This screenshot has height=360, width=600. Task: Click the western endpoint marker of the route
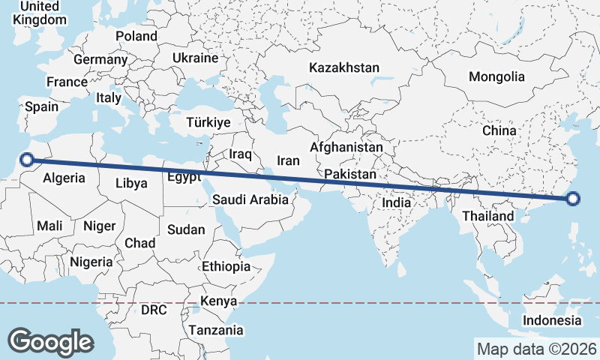[27, 159]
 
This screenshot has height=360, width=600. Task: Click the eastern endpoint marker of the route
[574, 199]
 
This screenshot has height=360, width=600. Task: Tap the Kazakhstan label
[344, 67]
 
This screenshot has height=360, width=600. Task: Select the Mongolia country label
[496, 76]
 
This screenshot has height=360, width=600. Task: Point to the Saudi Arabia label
[250, 199]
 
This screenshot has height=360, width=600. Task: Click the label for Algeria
[64, 178]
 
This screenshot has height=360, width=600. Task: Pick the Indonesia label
[552, 320]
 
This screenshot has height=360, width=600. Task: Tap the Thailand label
[488, 216]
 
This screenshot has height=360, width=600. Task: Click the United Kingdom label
[40, 13]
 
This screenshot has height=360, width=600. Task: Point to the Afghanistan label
[346, 148]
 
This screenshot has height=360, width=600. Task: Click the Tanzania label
[216, 329]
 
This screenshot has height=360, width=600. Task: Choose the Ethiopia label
[226, 266]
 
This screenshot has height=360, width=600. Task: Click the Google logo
[50, 342]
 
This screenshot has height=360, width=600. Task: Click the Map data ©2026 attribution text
[536, 349]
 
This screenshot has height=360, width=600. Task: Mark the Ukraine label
[195, 58]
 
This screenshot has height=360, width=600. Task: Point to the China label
[499, 130]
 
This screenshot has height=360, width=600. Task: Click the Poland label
[136, 36]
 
